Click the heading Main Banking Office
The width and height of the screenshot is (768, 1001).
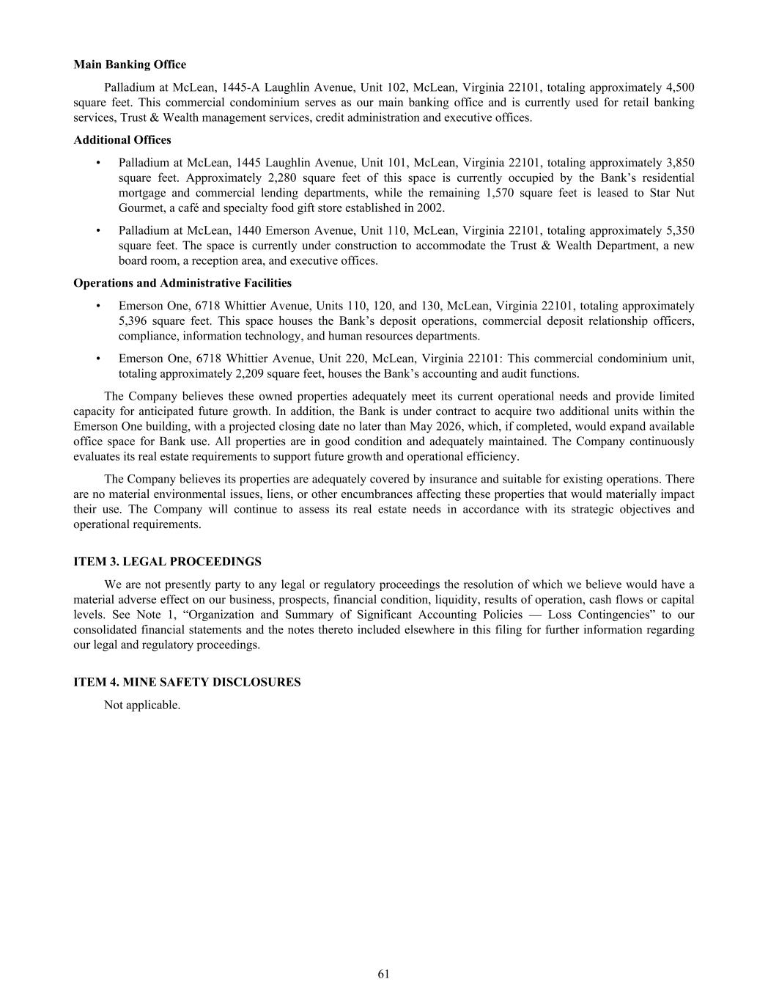130,65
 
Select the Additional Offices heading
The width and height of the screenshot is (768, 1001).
122,140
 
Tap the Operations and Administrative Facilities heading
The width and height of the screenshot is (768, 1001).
182,283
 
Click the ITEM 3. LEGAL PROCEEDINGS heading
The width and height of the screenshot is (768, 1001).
167,562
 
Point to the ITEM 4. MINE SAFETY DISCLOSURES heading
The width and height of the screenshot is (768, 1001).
187,682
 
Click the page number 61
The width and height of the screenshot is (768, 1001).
384,974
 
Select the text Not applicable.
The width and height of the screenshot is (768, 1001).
142,705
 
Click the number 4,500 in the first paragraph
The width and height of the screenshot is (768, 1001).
680,87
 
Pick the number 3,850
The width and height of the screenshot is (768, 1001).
680,163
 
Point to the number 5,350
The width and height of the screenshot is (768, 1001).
680,230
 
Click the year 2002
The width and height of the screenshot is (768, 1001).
429,208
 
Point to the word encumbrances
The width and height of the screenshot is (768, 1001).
374,494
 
